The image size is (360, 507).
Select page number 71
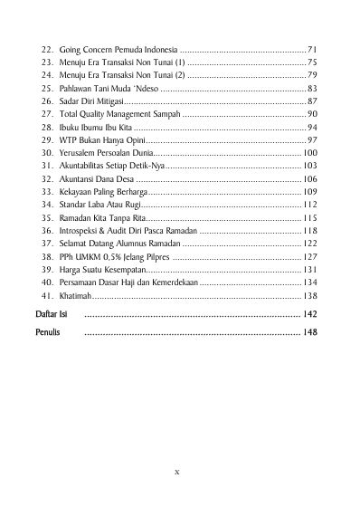click(x=311, y=49)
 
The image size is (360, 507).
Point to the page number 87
click(x=311, y=102)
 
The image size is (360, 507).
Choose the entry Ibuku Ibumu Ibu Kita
click(x=96, y=129)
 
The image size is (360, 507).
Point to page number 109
click(x=309, y=194)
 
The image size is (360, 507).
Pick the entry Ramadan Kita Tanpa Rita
click(x=101, y=219)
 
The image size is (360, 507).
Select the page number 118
click(x=309, y=232)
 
